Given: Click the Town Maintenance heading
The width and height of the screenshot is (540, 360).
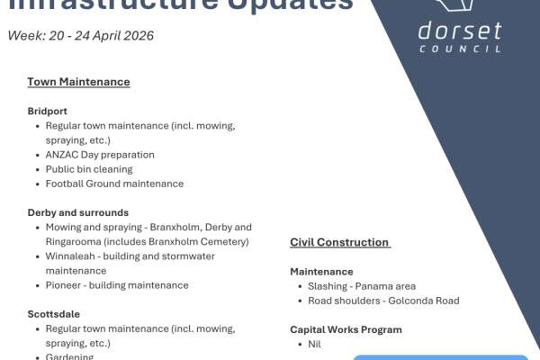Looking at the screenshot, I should [78, 82].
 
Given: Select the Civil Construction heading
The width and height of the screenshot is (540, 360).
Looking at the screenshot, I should [339, 242].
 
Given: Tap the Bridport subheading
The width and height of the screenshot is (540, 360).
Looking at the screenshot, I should [48, 112].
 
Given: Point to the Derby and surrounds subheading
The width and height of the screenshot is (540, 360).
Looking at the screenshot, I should [77, 212].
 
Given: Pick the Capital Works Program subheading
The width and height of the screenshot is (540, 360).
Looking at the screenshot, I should [346, 329].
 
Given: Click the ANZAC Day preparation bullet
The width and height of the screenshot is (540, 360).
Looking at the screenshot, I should [100, 155].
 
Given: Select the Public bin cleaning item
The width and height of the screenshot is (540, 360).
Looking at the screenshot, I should [89, 169].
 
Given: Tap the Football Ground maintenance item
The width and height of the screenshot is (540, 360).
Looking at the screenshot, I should [114, 184].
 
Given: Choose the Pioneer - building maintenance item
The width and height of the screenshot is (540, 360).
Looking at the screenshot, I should [117, 285].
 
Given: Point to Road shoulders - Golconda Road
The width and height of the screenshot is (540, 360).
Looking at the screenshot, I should [376, 301].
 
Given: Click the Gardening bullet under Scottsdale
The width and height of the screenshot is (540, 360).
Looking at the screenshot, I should [69, 356].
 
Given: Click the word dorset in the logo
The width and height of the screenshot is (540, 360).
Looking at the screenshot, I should [459, 31].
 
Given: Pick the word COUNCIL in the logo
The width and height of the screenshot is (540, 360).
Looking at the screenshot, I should [460, 48].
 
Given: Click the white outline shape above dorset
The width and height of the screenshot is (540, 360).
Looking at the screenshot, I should [459, 7].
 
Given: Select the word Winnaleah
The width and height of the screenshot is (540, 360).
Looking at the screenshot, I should [72, 256].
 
